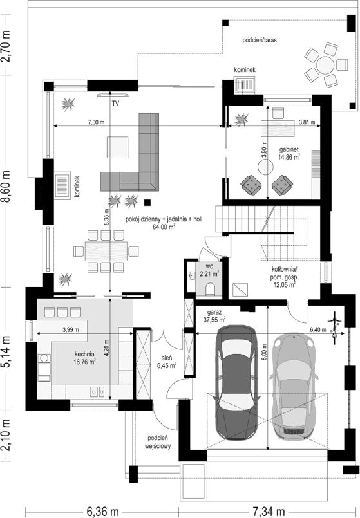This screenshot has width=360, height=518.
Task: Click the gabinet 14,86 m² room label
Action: pos(289,153)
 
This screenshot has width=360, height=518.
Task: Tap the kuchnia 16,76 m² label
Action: pos(84,358)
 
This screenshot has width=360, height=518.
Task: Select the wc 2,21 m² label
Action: pos(209,270)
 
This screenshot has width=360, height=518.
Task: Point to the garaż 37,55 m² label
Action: pos(215,315)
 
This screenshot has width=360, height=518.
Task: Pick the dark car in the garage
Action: pos(236,382)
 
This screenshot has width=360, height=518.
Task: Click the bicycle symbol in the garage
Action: pos(335,328)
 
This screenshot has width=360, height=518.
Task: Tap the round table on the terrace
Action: pos(325,65)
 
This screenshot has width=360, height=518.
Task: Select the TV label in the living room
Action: pos(115,104)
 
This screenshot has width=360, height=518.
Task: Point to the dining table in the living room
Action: pos(106,251)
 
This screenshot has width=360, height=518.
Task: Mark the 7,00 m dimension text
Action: pos(96,122)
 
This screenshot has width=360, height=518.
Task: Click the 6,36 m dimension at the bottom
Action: pos(102,512)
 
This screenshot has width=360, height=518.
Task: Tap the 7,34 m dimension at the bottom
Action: pos(269,512)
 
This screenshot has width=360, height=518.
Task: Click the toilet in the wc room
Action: pos(210,289)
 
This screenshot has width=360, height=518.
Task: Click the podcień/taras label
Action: pos(260,41)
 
